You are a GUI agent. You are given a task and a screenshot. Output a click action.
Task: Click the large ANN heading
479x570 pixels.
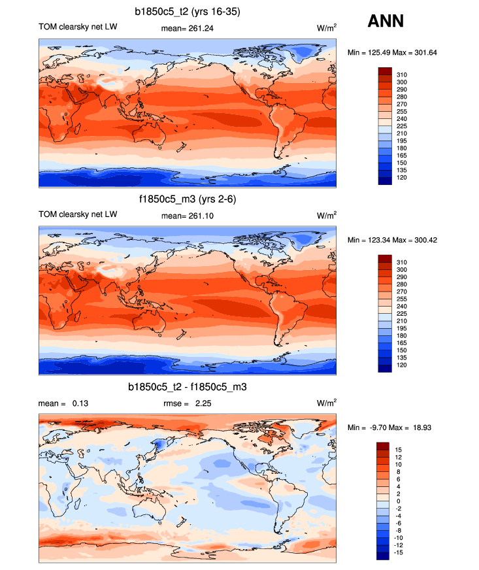(x=386, y=21)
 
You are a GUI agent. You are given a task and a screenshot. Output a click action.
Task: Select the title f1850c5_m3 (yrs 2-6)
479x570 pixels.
(x=188, y=199)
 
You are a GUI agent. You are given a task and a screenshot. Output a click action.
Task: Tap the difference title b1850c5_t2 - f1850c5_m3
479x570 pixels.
(x=188, y=387)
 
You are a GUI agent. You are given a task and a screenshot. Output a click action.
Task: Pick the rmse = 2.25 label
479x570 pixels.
(x=187, y=403)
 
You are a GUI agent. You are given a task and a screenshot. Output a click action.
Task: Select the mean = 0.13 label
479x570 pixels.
(x=63, y=403)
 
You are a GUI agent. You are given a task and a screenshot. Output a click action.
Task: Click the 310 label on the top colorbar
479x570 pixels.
(x=402, y=75)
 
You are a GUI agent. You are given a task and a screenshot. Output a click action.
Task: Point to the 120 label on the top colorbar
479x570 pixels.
(x=402, y=177)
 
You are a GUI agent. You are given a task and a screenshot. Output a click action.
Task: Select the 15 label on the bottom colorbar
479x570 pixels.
(x=400, y=450)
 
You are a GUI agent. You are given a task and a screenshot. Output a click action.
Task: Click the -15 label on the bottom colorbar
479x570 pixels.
(x=401, y=552)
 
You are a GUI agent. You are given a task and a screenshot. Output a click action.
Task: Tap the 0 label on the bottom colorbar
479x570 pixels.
(x=399, y=501)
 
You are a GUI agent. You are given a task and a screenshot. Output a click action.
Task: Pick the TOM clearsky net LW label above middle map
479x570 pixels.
(x=78, y=214)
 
